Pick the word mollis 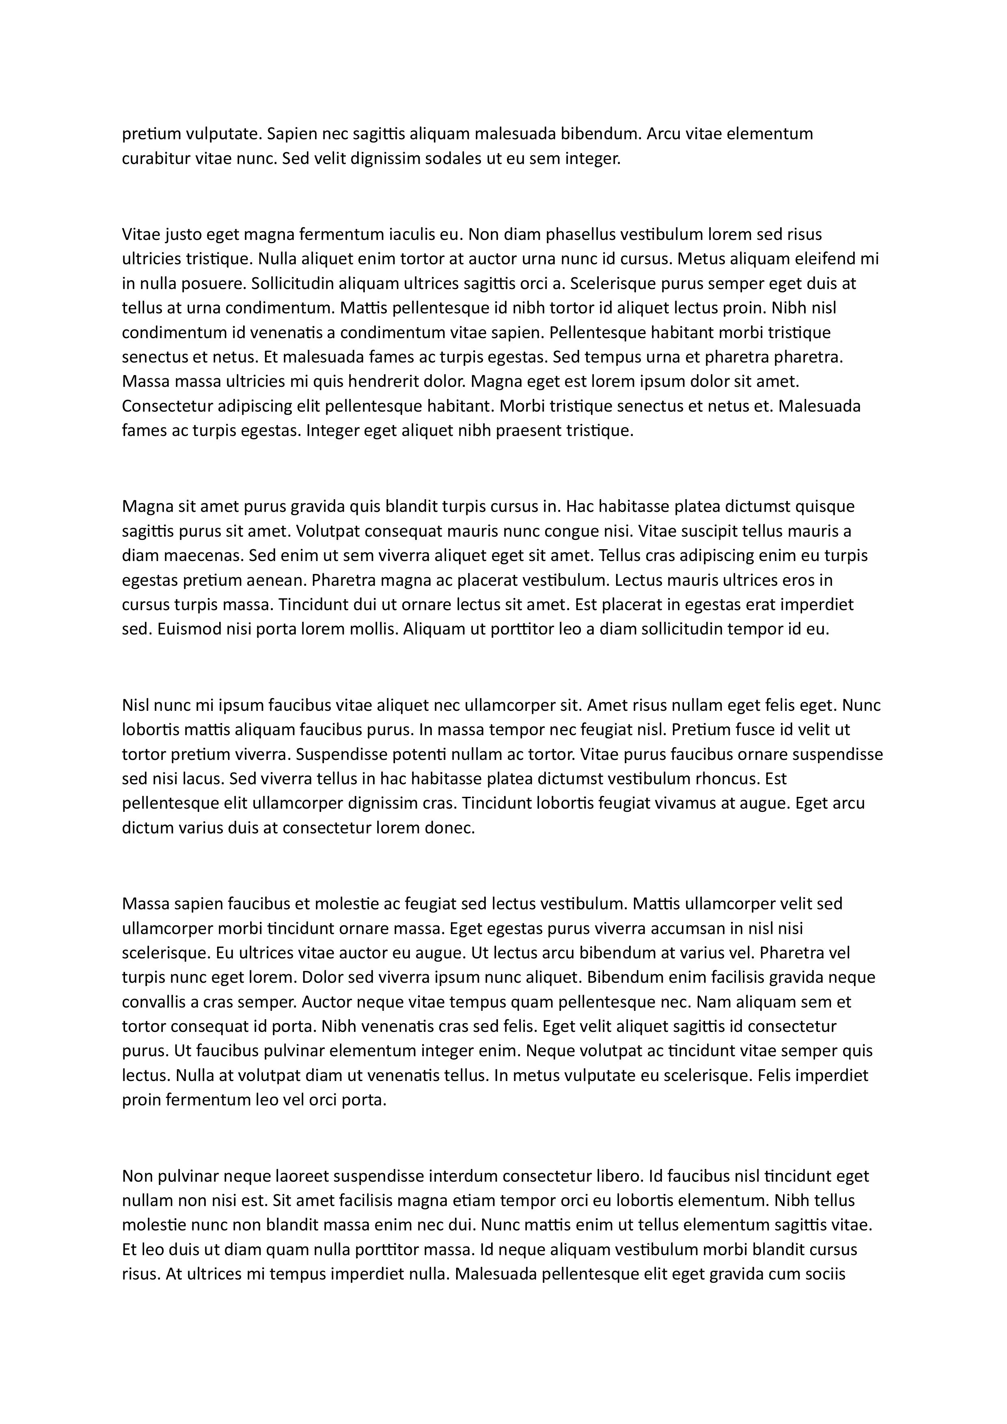click(x=375, y=630)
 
